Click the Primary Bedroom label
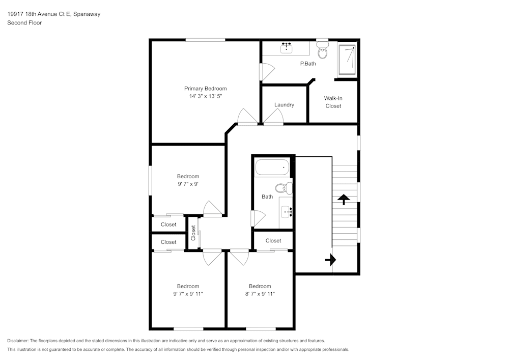[x=205, y=89]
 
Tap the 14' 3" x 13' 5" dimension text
[x=205, y=96]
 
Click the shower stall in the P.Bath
[x=347, y=61]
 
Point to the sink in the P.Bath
[x=286, y=48]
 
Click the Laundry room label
[x=284, y=105]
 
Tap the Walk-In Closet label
[x=333, y=102]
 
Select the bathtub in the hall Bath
[x=272, y=167]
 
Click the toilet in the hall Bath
[x=284, y=188]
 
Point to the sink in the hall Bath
[x=286, y=211]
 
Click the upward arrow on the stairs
[x=344, y=199]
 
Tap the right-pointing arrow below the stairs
[x=331, y=260]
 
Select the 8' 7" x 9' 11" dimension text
[x=260, y=294]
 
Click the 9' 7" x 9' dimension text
[x=188, y=184]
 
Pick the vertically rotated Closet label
[x=193, y=233]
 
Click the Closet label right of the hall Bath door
[x=273, y=240]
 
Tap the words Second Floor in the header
[x=24, y=23]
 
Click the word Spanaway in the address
[x=87, y=14]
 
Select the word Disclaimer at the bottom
[x=18, y=341]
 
